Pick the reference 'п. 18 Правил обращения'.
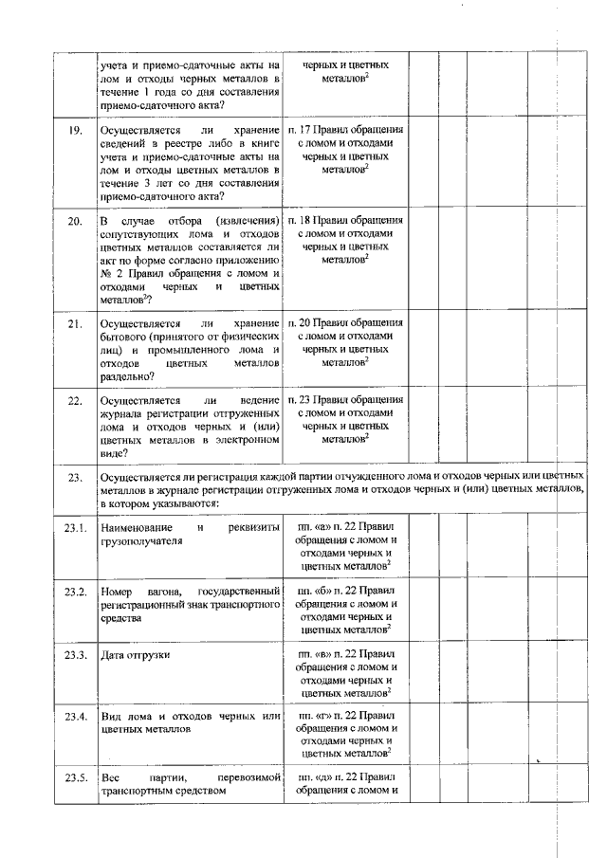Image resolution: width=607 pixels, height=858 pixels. coord(345,221)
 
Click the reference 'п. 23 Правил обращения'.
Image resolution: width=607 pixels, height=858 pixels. coord(345,400)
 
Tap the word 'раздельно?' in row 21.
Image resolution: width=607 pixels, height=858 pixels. coord(128,375)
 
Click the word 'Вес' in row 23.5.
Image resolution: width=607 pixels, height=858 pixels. coord(109,778)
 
